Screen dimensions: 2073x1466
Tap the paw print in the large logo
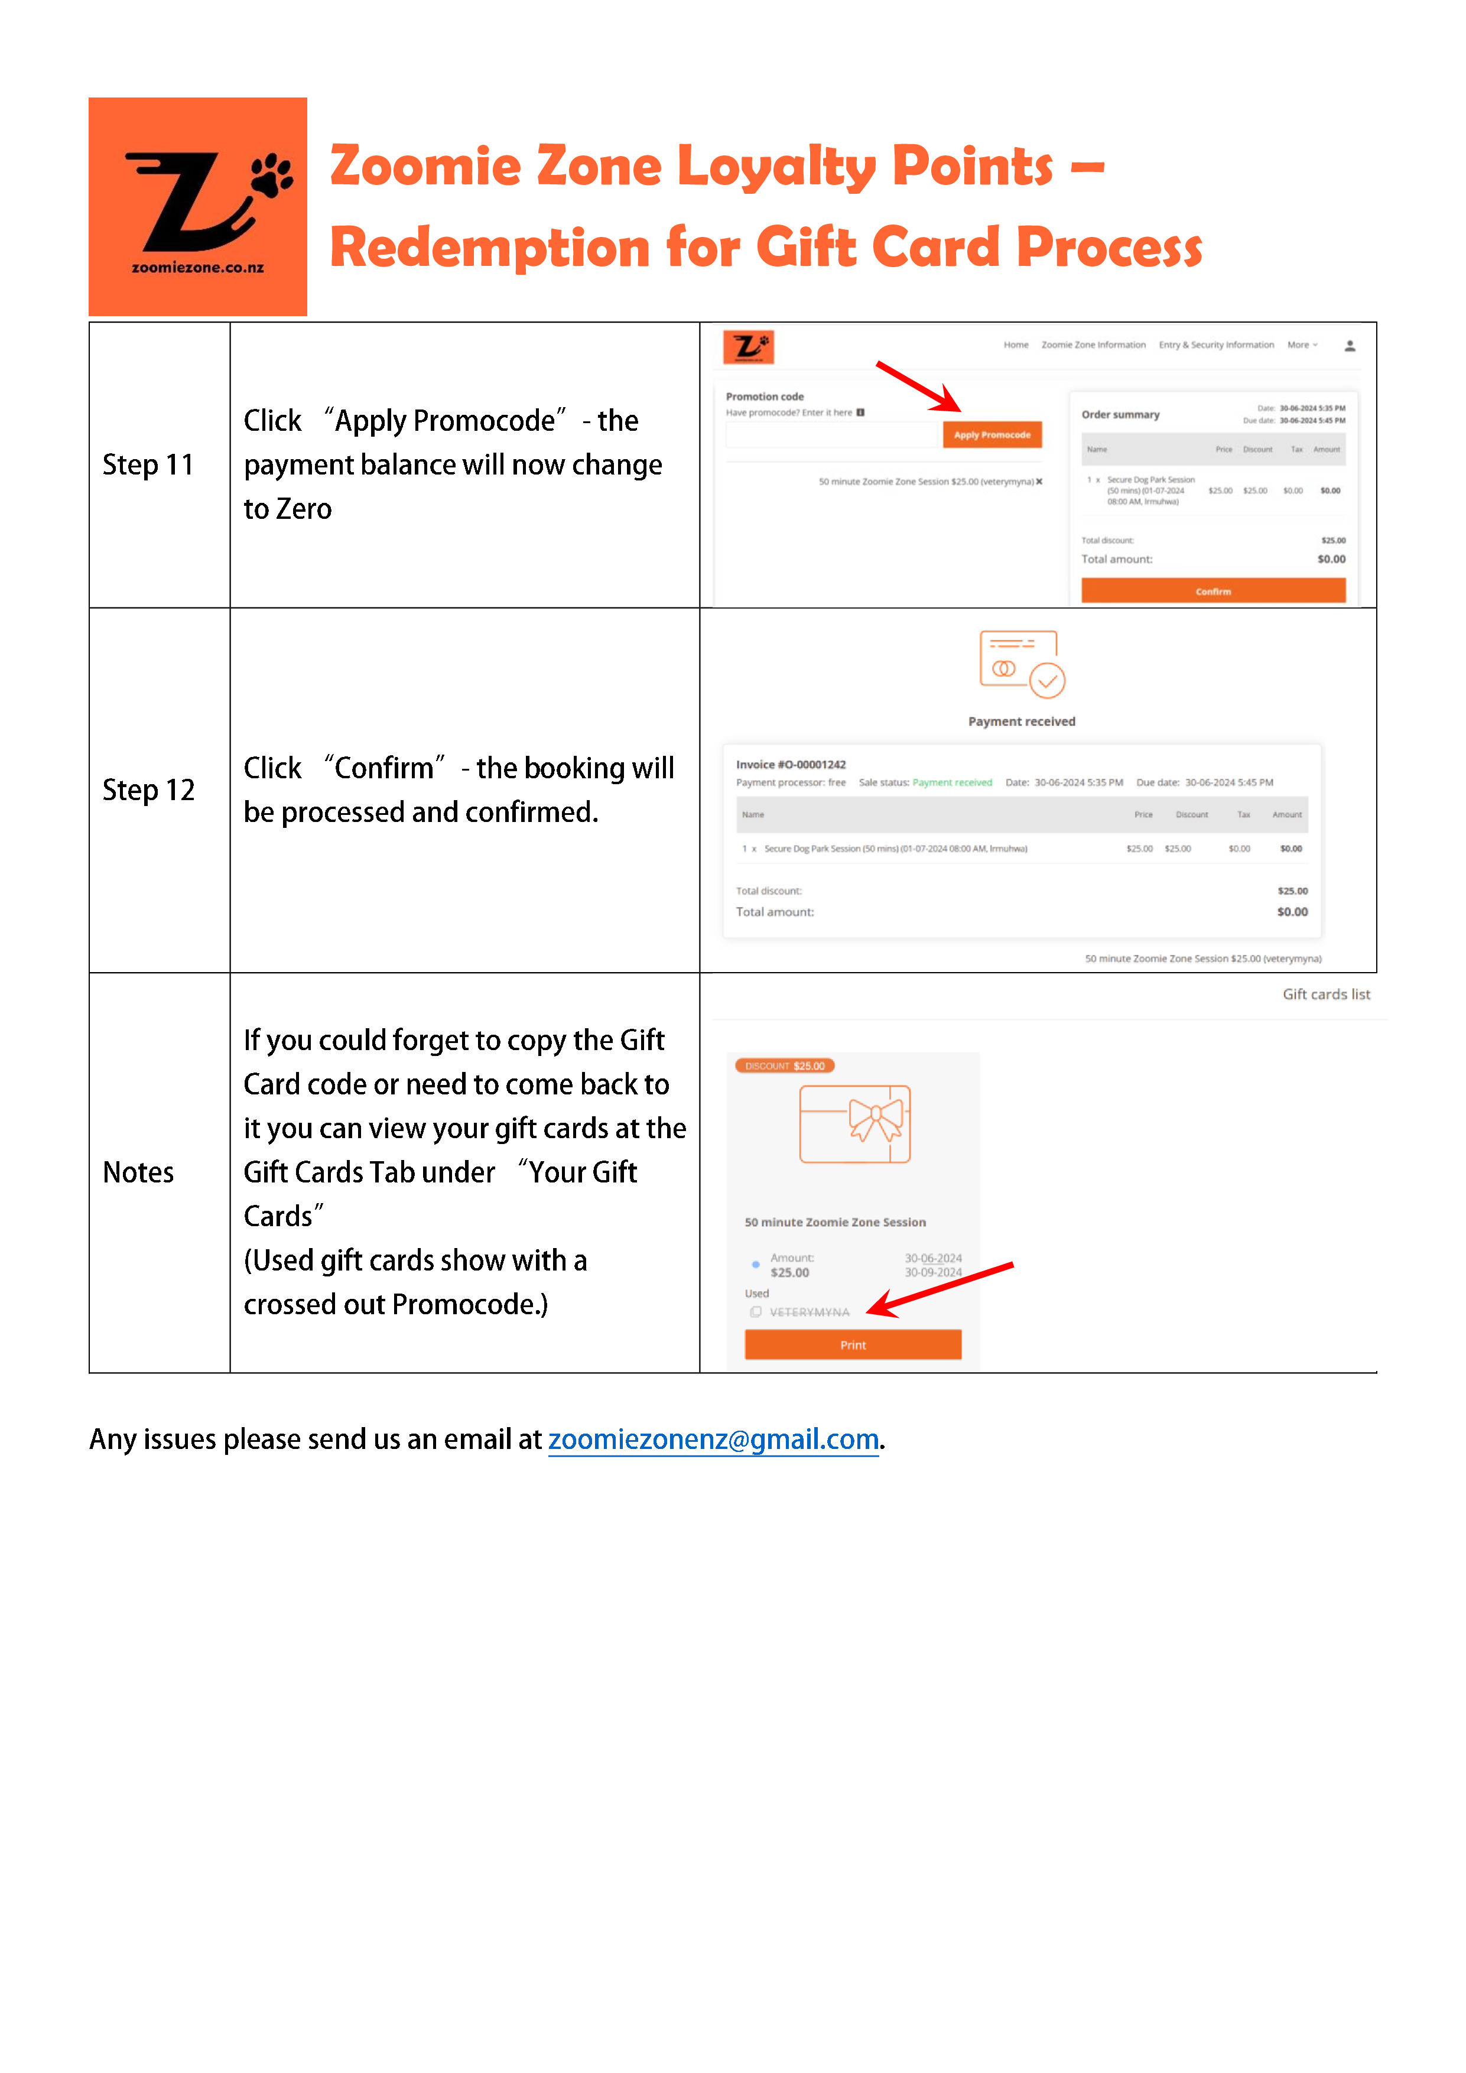pos(271,173)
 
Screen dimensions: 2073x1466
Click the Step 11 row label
pos(148,465)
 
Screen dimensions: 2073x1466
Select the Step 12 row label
pos(148,790)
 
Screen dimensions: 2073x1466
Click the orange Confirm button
pos(1213,592)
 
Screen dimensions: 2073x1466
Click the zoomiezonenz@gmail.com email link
pos(713,1438)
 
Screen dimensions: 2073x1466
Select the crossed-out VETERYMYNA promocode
pos(809,1312)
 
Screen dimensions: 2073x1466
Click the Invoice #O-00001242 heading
pos(791,764)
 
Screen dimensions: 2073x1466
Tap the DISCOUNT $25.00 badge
pos(785,1065)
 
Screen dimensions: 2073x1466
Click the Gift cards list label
pos(1326,994)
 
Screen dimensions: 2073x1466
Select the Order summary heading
pos(1120,414)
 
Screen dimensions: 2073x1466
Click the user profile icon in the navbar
pos(1350,346)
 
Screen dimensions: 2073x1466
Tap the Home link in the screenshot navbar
pos(1016,345)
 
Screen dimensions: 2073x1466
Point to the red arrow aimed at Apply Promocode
pos(917,386)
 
